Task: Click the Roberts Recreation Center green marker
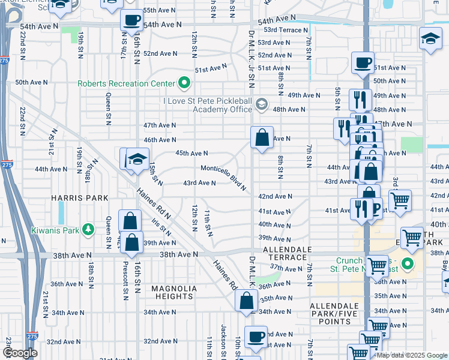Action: click(184, 83)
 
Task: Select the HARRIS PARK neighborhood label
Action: click(80, 198)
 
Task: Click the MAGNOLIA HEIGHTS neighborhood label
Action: click(173, 292)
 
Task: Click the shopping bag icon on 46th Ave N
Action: click(262, 139)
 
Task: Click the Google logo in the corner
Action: click(20, 353)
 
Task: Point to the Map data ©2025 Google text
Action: click(411, 355)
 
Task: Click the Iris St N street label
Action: click(162, 226)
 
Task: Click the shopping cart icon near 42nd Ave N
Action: click(400, 200)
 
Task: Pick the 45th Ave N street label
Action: click(191, 154)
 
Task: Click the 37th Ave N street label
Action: click(285, 267)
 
